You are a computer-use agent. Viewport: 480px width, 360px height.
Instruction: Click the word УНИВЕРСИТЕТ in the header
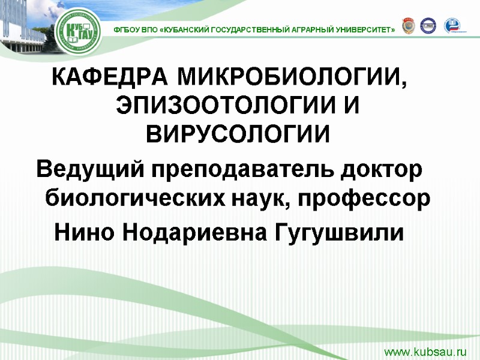click(361, 29)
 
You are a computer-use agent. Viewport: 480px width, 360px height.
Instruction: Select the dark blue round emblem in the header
click(428, 26)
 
